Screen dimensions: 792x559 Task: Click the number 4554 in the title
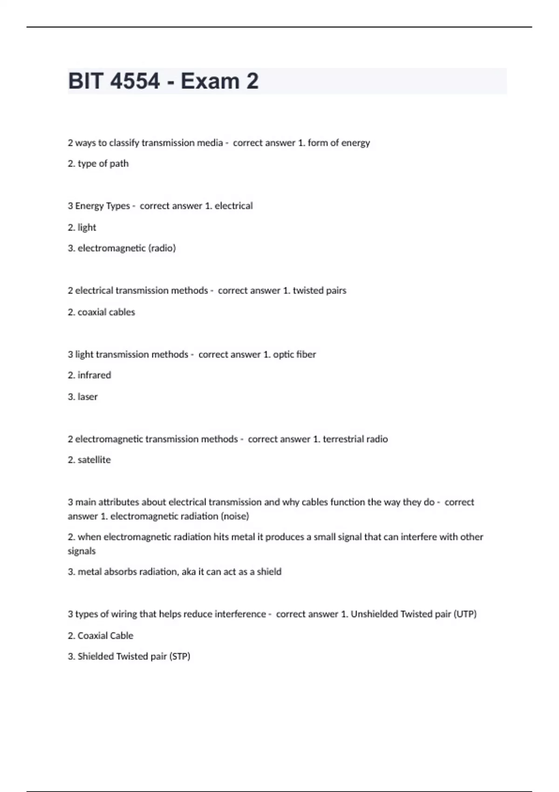tap(136, 82)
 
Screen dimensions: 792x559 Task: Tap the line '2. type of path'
tap(98, 164)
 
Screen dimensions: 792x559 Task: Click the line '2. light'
tap(82, 227)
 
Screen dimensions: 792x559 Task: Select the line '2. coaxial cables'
tap(101, 312)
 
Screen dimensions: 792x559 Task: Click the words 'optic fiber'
tap(294, 354)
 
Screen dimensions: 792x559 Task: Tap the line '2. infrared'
tap(89, 375)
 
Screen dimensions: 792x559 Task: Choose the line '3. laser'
tap(82, 396)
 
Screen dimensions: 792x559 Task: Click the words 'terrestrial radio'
tap(355, 439)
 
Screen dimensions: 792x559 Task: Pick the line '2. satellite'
tap(89, 460)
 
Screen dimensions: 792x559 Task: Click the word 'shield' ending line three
tap(269, 572)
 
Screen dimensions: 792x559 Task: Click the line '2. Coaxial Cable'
tap(101, 635)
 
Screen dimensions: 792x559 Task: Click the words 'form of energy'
tap(339, 143)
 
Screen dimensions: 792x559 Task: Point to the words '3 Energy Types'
tap(99, 206)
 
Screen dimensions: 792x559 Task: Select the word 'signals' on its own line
tap(82, 551)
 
